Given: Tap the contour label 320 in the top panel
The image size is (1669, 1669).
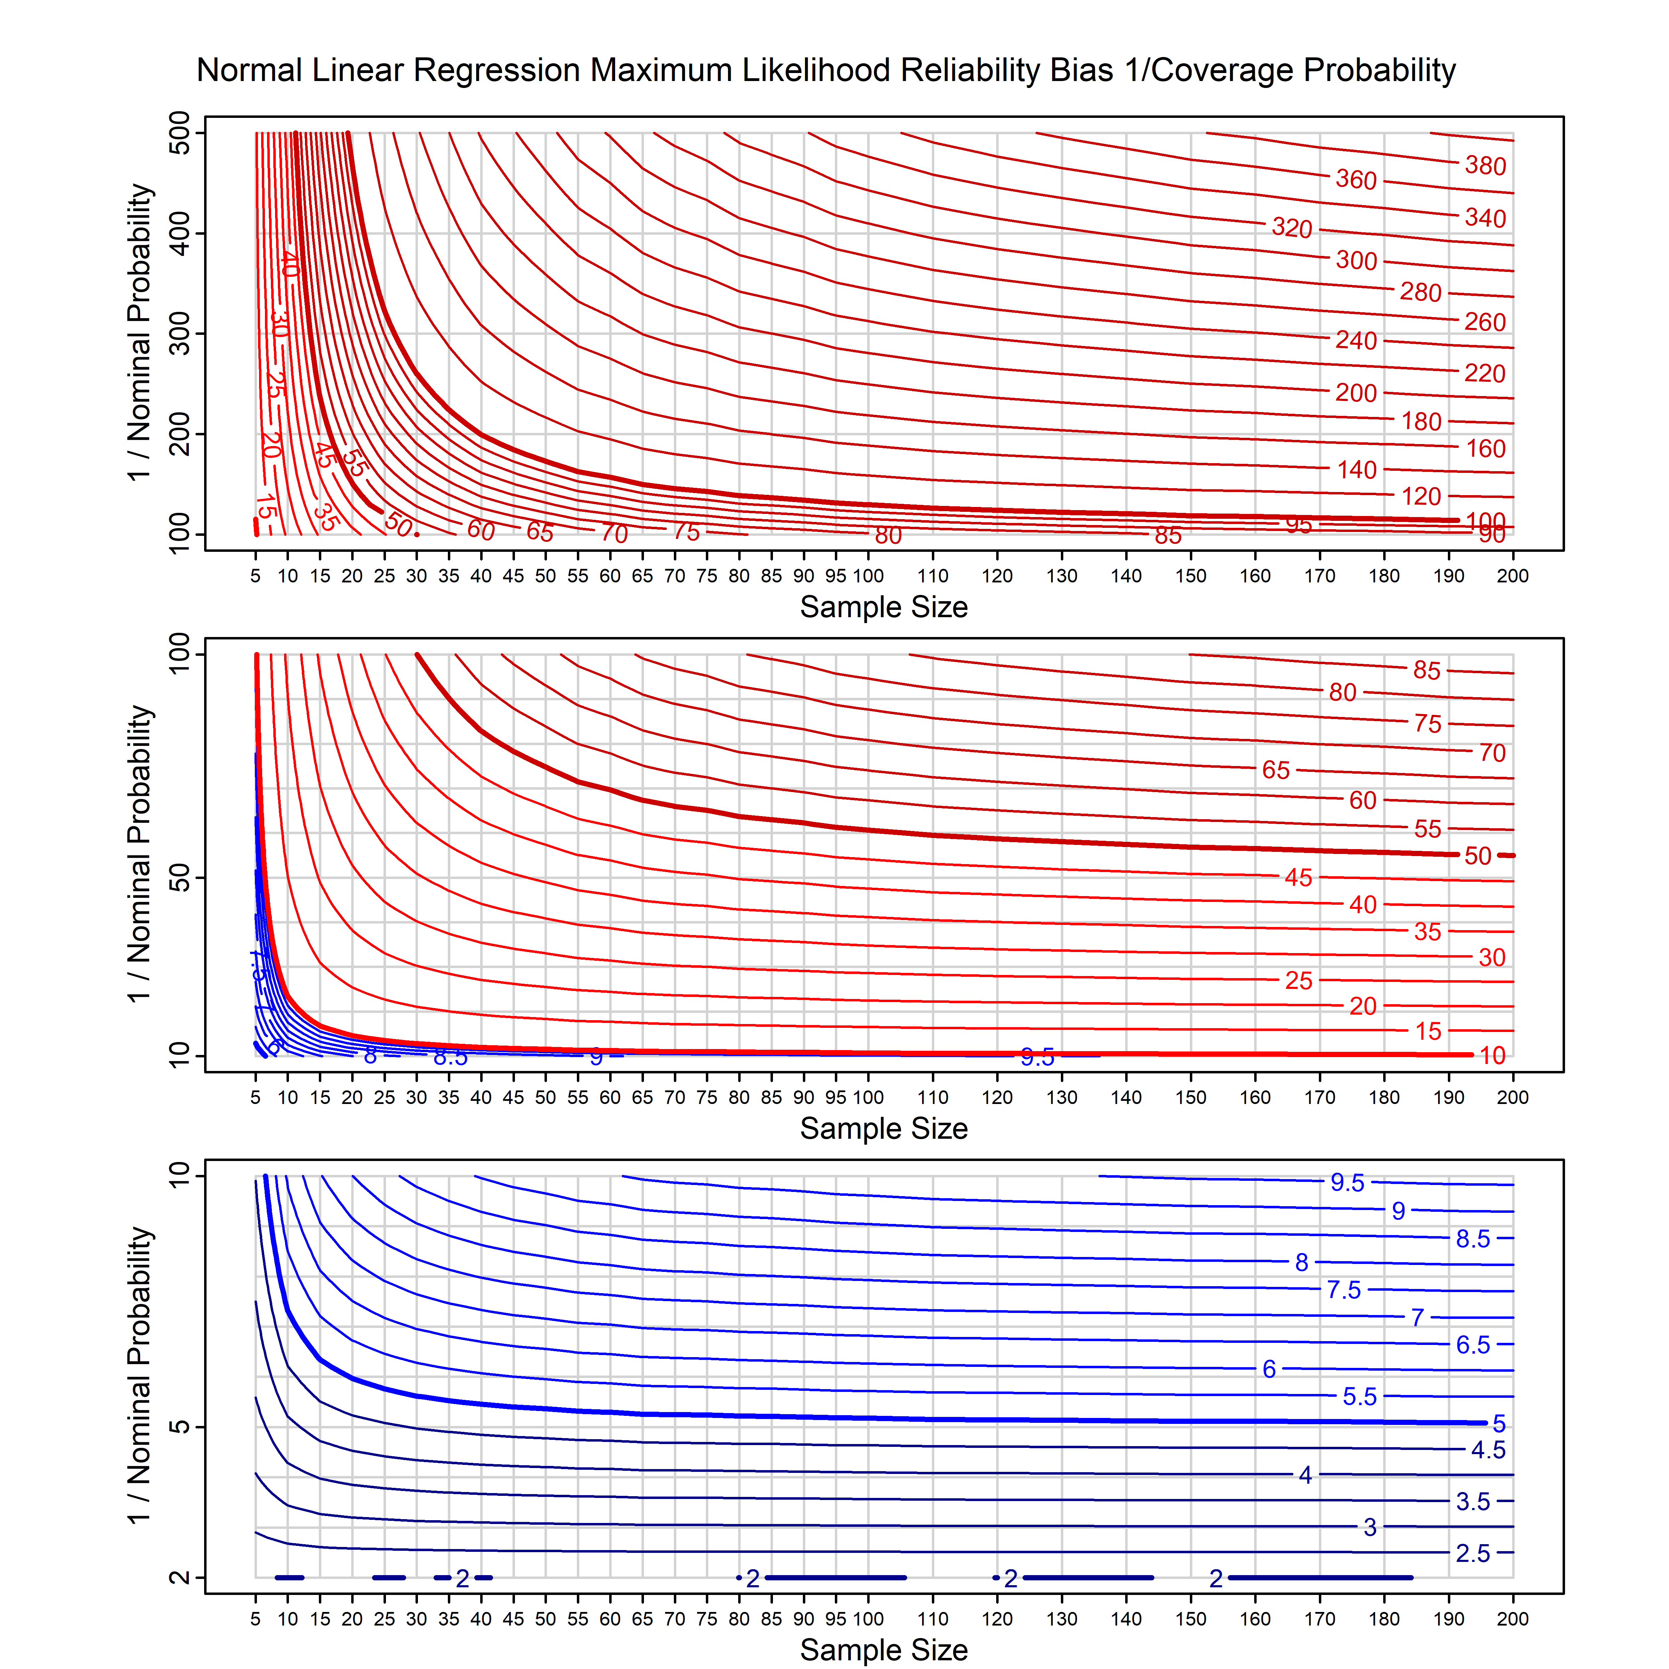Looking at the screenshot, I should pyautogui.click(x=1291, y=228).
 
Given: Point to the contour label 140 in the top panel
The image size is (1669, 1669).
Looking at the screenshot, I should pyautogui.click(x=1356, y=470).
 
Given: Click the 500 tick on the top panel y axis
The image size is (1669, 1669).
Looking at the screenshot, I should pyautogui.click(x=180, y=133).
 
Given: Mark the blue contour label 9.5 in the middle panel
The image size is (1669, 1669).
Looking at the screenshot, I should pyautogui.click(x=1037, y=1057).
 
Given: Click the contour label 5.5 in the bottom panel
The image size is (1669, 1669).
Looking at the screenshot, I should pyautogui.click(x=1359, y=1397).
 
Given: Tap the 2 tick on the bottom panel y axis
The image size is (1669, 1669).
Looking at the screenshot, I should pyautogui.click(x=180, y=1578).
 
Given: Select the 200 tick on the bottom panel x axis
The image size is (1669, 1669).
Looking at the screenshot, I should pyautogui.click(x=1513, y=1619).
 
